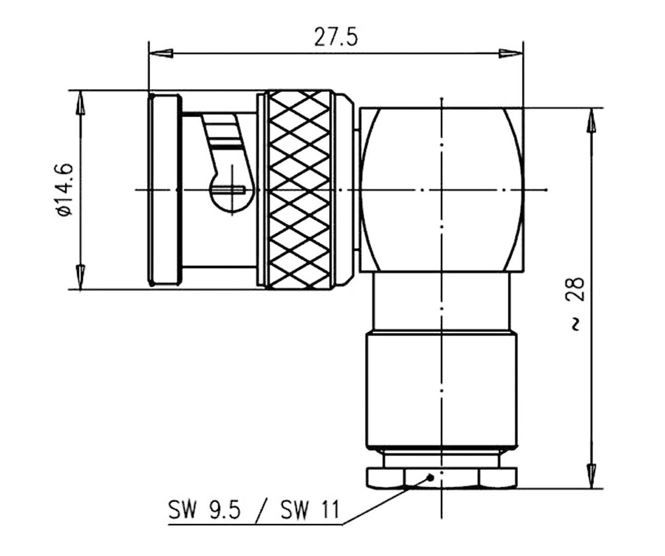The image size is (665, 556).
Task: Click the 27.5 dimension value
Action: point(335,38)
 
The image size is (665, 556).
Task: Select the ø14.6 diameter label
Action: point(66,190)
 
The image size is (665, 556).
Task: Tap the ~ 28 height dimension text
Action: point(577,304)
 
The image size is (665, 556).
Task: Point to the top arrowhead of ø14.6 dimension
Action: point(80,103)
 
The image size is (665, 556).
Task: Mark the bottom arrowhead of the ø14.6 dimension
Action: point(80,277)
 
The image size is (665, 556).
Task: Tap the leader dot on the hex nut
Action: point(431,477)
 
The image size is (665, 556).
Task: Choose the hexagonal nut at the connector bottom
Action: point(441,478)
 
